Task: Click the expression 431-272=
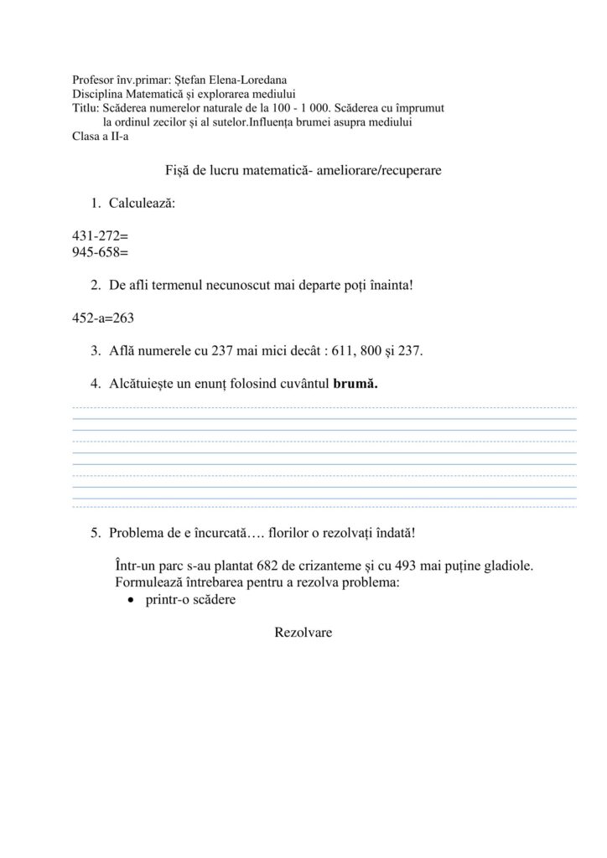[101, 237]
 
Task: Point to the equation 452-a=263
[104, 318]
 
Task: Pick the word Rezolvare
[303, 633]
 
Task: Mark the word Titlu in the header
[85, 109]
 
